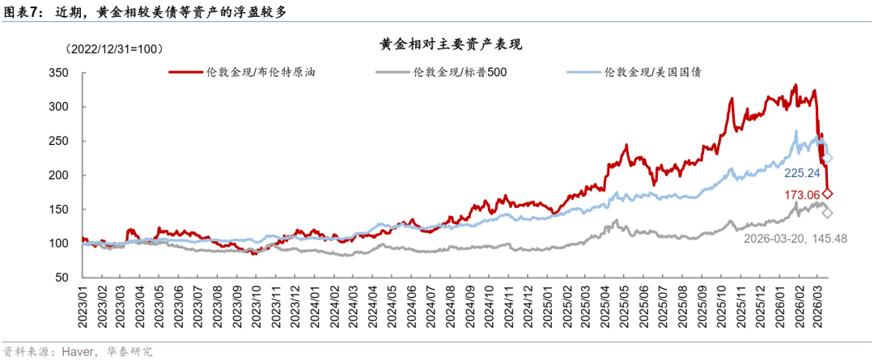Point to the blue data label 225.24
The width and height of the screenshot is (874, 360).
tap(804, 172)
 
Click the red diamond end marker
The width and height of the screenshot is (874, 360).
tap(828, 193)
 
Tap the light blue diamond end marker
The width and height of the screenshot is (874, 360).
tap(828, 159)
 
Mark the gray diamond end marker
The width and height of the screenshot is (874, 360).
tap(827, 213)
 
